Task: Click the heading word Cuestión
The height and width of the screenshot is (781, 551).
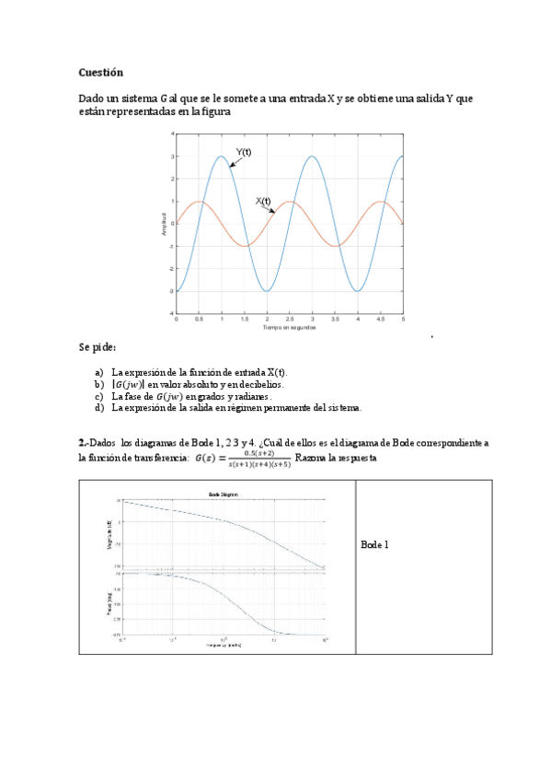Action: (100, 72)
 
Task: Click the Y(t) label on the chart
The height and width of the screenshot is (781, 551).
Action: (244, 152)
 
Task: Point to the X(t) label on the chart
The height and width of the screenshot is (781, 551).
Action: (263, 200)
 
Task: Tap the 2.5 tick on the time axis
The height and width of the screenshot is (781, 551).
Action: (290, 320)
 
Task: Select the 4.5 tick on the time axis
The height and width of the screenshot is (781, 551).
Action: (381, 320)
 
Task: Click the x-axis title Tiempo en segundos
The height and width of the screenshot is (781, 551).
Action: (289, 327)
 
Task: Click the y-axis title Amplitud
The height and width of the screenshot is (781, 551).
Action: (164, 224)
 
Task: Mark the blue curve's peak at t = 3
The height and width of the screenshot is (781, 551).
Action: (313, 156)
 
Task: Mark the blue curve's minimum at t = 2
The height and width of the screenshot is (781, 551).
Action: (267, 291)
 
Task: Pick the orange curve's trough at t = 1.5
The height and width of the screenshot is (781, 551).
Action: (245, 246)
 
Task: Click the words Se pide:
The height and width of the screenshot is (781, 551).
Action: (98, 347)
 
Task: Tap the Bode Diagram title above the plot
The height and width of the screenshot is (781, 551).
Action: (224, 495)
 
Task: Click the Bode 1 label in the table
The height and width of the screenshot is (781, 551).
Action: (375, 544)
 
